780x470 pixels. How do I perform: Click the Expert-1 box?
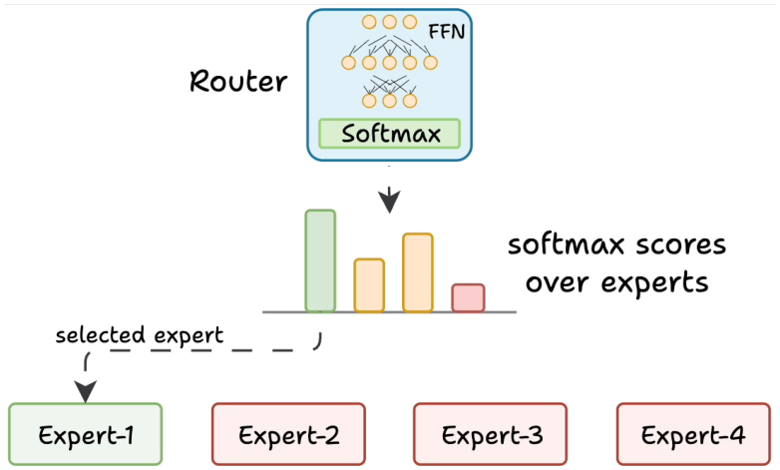86,434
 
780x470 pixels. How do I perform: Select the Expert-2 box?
288,434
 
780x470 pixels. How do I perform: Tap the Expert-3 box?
490,434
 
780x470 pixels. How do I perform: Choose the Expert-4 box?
693,434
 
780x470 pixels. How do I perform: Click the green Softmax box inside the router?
390,134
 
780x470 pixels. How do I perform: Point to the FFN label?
446,32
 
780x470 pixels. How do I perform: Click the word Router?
238,81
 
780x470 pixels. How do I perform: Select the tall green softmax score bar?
320,261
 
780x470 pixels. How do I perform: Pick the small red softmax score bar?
468,298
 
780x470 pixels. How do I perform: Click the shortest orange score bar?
369,285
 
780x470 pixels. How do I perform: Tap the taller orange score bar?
418,272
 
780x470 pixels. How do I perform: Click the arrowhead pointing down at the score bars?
390,201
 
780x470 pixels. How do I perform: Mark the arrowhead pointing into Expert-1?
86,392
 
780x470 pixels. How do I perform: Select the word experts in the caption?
654,283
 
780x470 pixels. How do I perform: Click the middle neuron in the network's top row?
390,22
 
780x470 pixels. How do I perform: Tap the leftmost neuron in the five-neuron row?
349,63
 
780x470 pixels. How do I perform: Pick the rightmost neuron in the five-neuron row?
430,63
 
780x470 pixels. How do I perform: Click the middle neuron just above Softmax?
390,101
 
